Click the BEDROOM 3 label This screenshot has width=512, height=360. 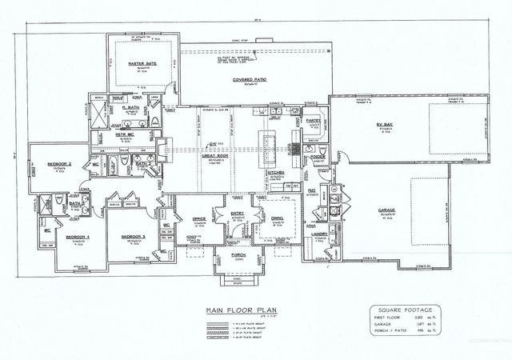tap(132, 238)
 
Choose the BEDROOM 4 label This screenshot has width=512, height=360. tap(76, 238)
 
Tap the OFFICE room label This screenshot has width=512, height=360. tap(199, 217)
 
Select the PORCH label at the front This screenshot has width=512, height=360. tap(238, 256)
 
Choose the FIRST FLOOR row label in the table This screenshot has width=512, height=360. tap(387, 318)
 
